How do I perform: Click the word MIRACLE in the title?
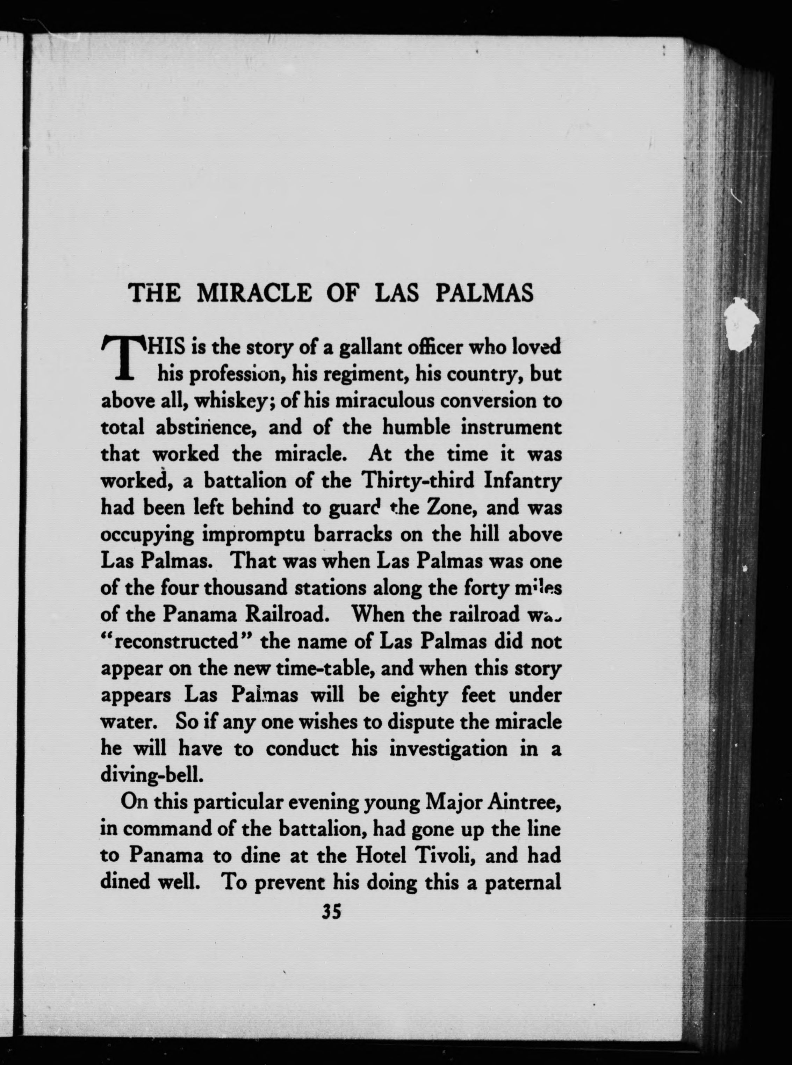point(254,294)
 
